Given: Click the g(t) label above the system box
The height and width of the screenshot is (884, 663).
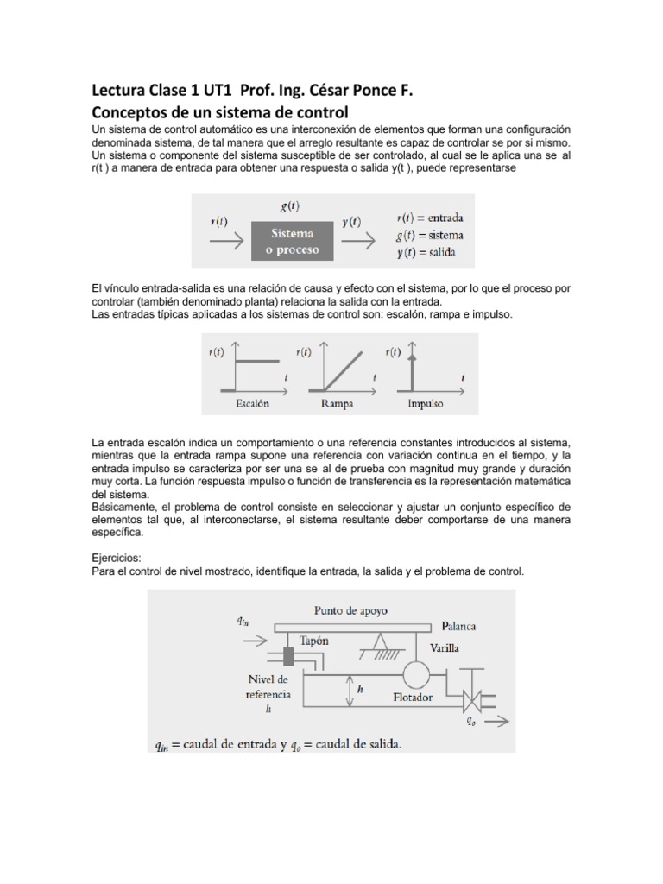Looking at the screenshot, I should tap(291, 206).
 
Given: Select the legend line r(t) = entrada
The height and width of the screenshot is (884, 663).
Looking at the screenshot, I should tap(431, 218).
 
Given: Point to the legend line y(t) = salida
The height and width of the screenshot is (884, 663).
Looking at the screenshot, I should tap(426, 253).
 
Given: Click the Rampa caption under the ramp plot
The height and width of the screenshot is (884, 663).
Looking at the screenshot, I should tap(337, 403).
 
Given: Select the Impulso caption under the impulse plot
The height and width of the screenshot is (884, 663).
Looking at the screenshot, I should tap(426, 403).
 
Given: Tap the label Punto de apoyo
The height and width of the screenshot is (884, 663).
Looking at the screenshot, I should tap(351, 609).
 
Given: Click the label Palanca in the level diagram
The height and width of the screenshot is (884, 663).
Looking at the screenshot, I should tap(458, 626).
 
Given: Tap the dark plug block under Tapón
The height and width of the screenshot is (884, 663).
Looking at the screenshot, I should tap(289, 655).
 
